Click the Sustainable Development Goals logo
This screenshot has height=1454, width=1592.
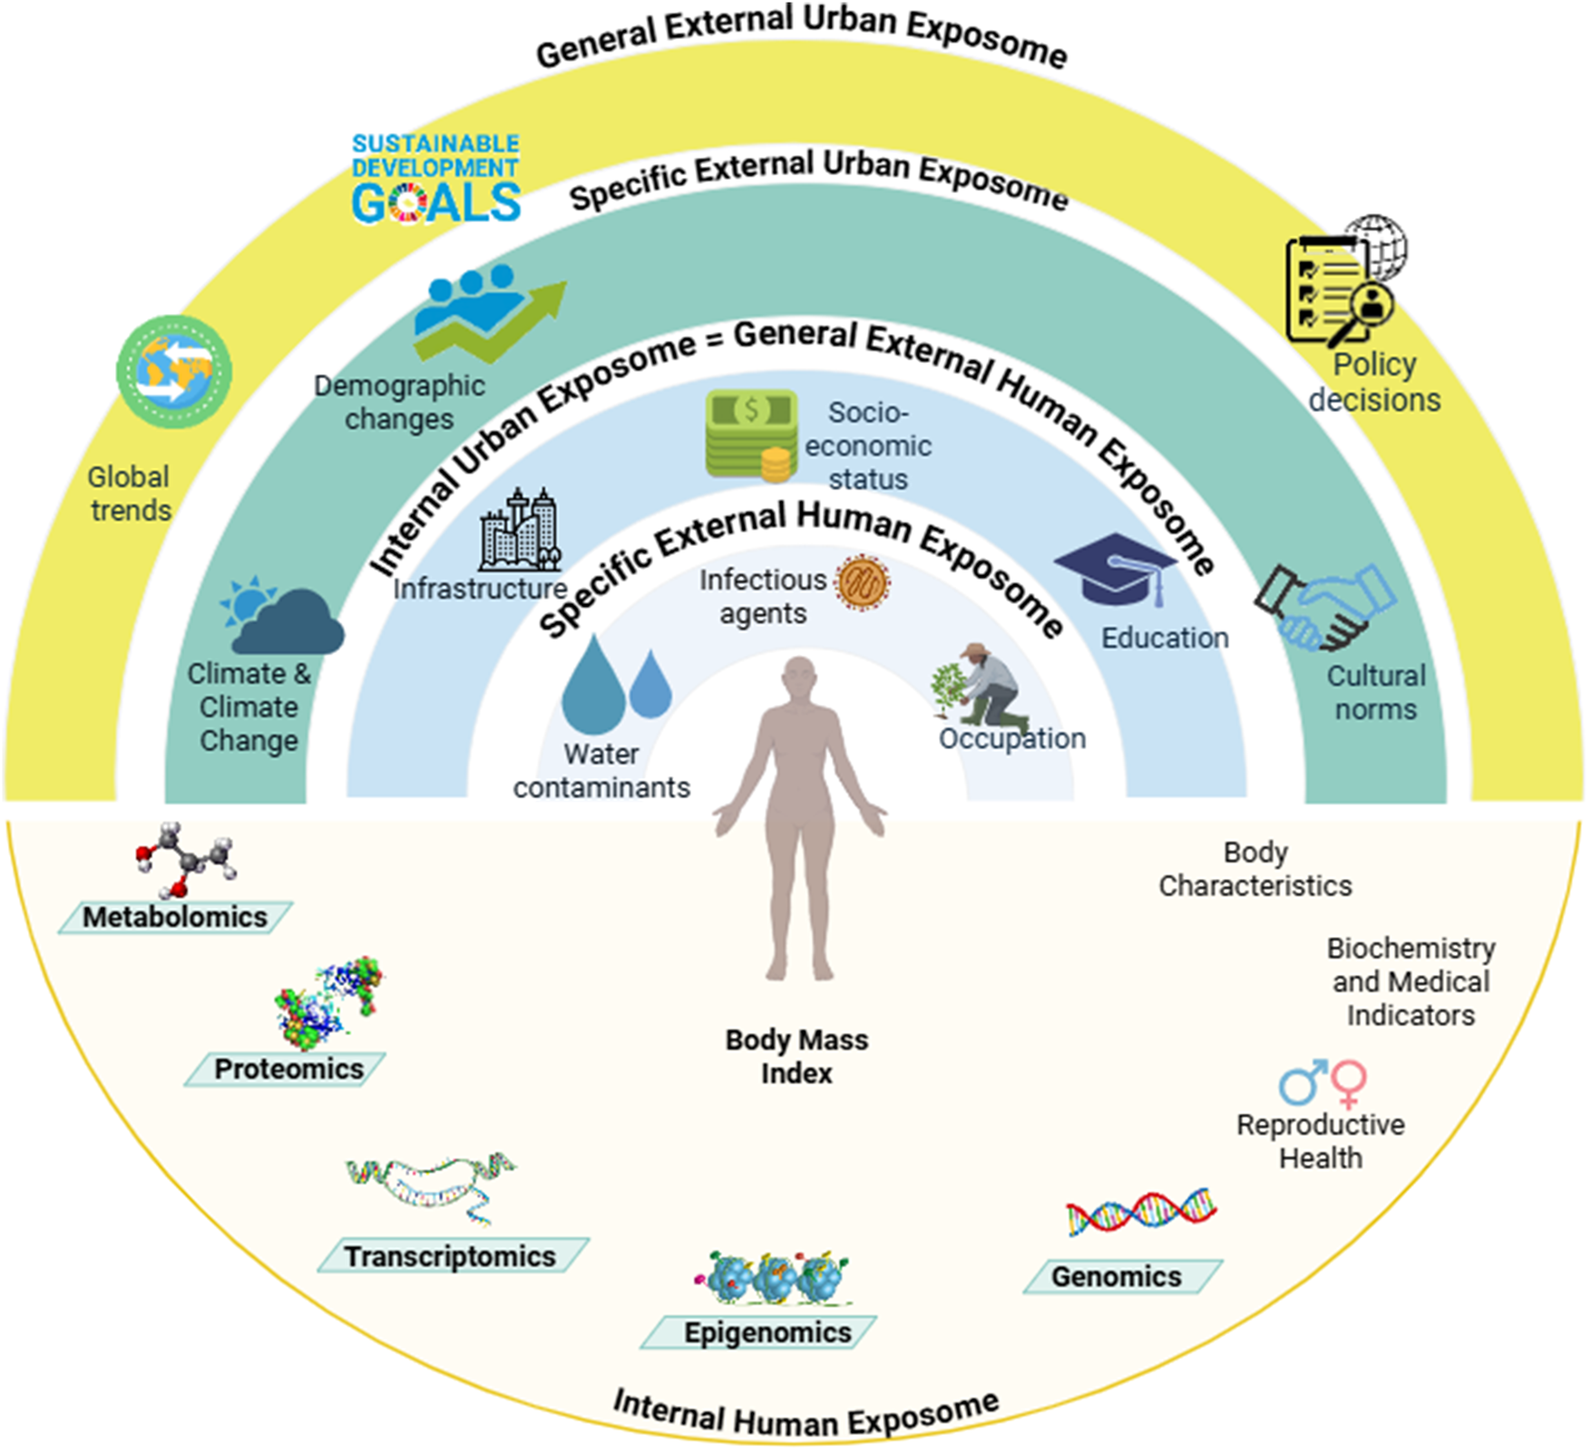click(x=435, y=179)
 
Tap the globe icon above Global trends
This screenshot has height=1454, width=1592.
click(x=174, y=371)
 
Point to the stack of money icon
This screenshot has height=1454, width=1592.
click(x=752, y=434)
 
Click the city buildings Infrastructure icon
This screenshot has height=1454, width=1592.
click(x=520, y=531)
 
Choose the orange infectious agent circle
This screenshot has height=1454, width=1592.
click(x=862, y=582)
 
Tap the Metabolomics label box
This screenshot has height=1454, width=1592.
click(x=175, y=917)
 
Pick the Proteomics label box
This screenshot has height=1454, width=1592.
click(x=288, y=1069)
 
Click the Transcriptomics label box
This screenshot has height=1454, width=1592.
click(x=451, y=1256)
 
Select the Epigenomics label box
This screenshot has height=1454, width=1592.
click(x=767, y=1332)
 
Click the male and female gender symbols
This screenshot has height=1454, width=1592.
click(x=1323, y=1081)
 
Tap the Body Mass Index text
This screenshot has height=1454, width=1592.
click(x=796, y=1056)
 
